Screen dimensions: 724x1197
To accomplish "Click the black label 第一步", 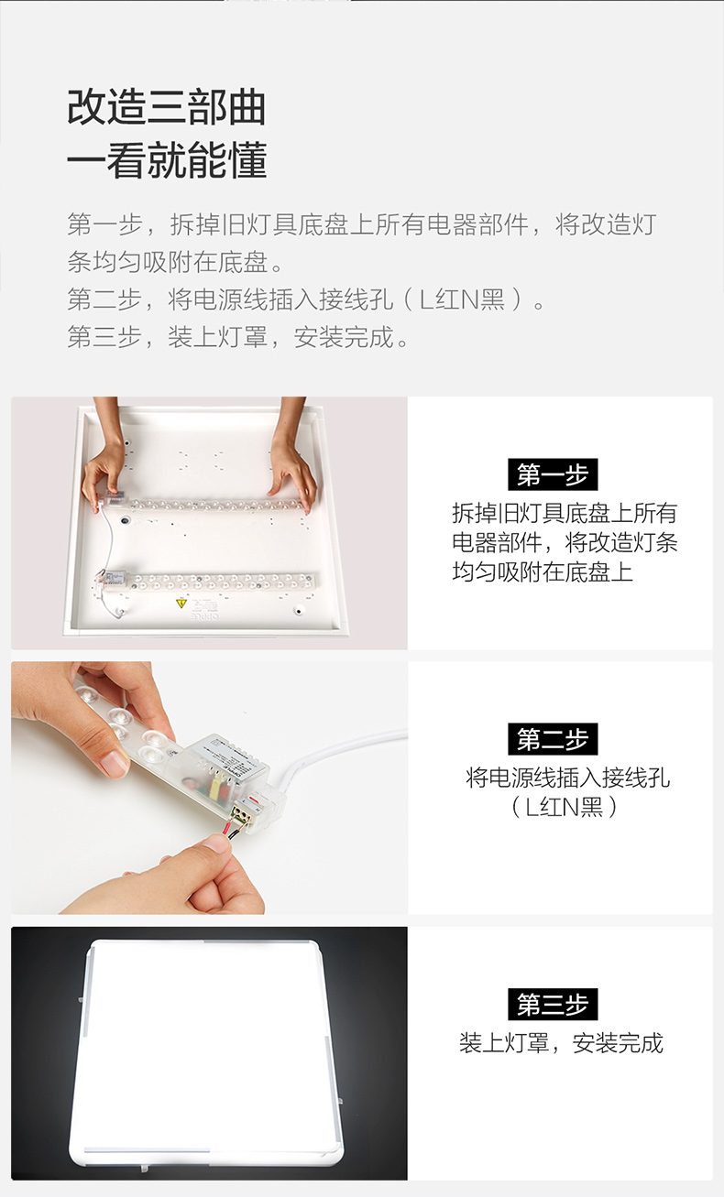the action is click(x=553, y=474).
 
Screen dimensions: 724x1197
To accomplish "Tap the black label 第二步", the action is click(x=553, y=738).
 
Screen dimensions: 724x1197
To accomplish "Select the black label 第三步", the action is click(x=553, y=1004).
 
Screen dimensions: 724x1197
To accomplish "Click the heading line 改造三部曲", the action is click(x=167, y=107).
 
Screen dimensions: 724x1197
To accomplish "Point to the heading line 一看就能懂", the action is click(x=167, y=159).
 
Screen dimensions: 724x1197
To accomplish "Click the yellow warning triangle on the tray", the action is click(x=181, y=604).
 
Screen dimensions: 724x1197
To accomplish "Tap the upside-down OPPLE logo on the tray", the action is click(x=204, y=616).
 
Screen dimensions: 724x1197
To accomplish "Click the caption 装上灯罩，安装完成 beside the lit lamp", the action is click(x=561, y=1042).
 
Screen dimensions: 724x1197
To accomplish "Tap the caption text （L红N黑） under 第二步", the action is click(x=565, y=806).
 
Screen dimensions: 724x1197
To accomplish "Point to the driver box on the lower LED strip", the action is click(x=115, y=578).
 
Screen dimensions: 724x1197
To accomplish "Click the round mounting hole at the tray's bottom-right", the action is click(x=299, y=610).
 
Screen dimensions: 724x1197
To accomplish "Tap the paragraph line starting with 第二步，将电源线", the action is click(x=306, y=299).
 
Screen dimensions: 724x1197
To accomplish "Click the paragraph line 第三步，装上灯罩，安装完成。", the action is click(x=238, y=337).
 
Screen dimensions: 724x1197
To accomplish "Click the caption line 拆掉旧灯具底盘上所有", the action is click(x=565, y=513).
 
